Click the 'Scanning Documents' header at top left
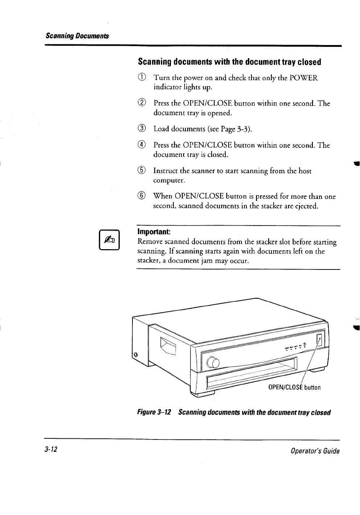(77, 36)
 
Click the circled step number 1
(142, 78)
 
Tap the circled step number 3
(142, 129)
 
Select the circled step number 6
(142, 196)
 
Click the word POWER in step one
(304, 78)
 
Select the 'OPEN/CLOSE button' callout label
(294, 387)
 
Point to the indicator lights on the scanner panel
(296, 348)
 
